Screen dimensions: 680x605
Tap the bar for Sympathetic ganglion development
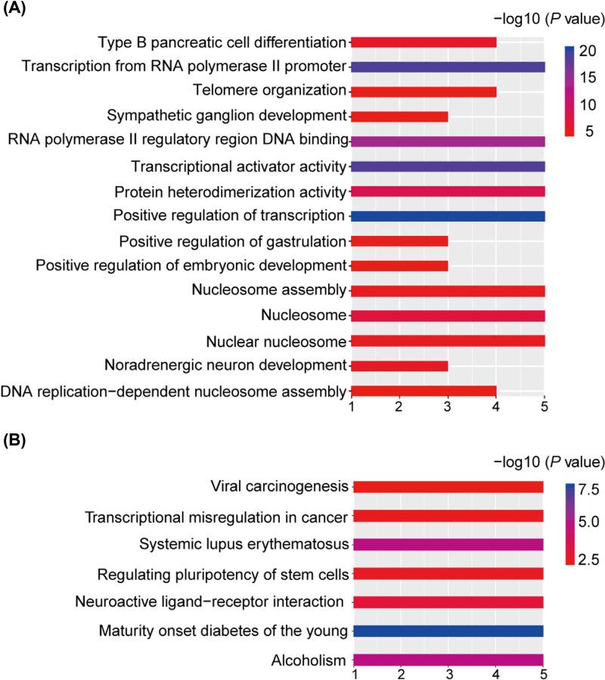click(x=399, y=116)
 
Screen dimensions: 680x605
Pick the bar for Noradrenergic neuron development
click(x=399, y=366)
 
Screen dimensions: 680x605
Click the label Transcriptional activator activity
click(x=238, y=166)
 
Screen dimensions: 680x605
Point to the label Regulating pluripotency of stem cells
click(x=222, y=574)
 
